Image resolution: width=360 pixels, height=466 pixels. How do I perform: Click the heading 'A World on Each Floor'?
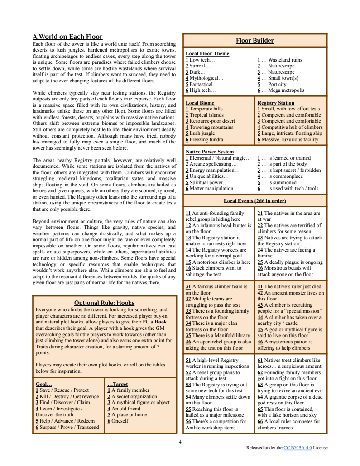[67, 37]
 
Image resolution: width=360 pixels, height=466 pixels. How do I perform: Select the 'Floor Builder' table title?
[254, 41]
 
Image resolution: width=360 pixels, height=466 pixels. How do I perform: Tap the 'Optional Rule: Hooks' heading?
[104, 303]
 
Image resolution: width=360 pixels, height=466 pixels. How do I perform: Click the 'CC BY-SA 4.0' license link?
[298, 448]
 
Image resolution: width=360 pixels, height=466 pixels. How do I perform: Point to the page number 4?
[180, 442]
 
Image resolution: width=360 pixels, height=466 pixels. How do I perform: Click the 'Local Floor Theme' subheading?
[207, 53]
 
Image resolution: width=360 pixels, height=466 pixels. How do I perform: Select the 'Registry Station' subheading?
[276, 103]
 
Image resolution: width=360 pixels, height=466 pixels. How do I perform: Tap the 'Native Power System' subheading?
[210, 152]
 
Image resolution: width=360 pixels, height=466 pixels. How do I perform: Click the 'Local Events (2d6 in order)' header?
[254, 200]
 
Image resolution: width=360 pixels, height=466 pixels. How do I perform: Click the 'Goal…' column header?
[43, 384]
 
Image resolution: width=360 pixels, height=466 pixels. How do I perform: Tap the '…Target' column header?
[117, 384]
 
